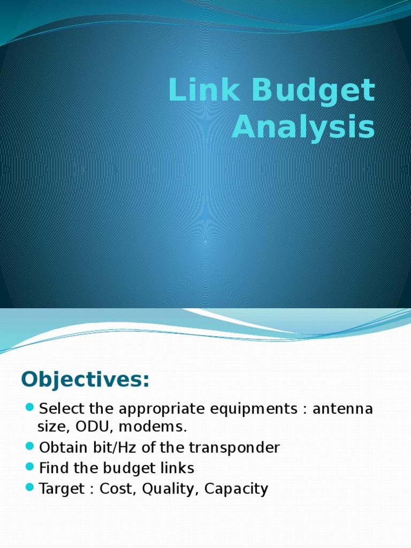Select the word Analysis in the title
[303, 128]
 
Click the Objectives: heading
[86, 379]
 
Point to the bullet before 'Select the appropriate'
[29, 409]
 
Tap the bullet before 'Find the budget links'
[29, 467]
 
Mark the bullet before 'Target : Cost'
[29, 488]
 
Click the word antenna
[342, 409]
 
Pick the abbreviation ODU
[91, 427]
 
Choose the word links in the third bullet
[176, 468]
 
